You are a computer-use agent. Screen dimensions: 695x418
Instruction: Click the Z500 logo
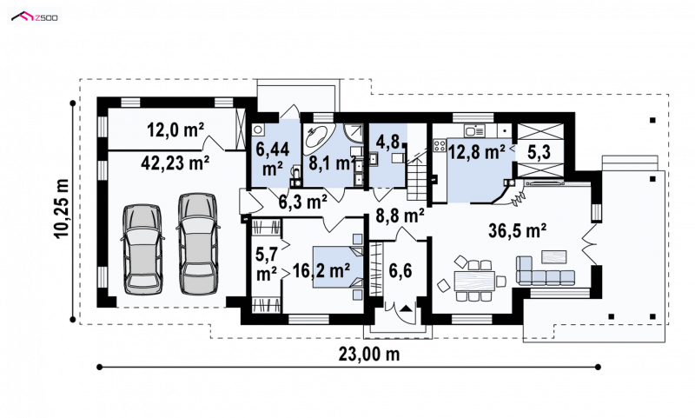(x=34, y=17)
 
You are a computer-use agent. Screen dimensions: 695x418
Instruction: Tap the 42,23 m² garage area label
(x=175, y=163)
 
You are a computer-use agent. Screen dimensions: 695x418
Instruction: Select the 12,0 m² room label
(x=175, y=130)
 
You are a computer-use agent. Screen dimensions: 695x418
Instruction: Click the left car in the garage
(x=142, y=249)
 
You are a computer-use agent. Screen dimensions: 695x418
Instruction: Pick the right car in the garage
(x=199, y=243)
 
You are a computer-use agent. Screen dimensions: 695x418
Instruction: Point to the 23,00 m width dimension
(x=369, y=355)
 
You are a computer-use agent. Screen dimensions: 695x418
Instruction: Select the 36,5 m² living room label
(x=517, y=230)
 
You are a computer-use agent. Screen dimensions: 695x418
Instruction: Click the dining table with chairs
(x=473, y=280)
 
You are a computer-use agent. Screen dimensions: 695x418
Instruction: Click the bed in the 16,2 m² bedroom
(x=338, y=268)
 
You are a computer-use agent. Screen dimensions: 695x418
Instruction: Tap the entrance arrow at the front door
(x=406, y=309)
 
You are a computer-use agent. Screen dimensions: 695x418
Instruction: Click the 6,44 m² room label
(x=273, y=159)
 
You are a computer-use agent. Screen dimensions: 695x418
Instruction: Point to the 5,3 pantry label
(x=539, y=152)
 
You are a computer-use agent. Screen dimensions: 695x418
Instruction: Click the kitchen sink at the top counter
(x=474, y=130)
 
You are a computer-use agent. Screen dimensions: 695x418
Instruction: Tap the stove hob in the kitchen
(x=440, y=145)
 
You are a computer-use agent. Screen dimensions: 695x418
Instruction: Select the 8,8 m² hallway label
(x=400, y=216)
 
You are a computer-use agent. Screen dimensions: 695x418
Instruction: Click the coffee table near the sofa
(x=553, y=257)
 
